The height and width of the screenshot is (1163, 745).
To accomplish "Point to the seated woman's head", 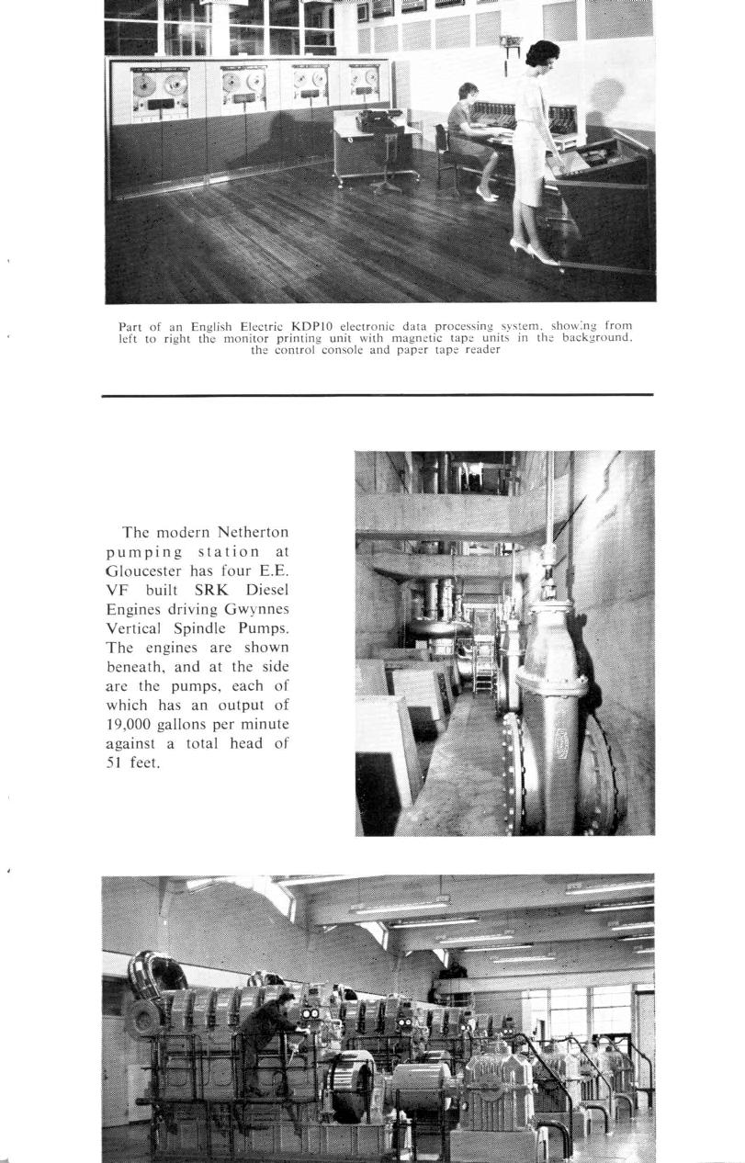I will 468,93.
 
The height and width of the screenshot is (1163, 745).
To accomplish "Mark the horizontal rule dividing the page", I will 378,395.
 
